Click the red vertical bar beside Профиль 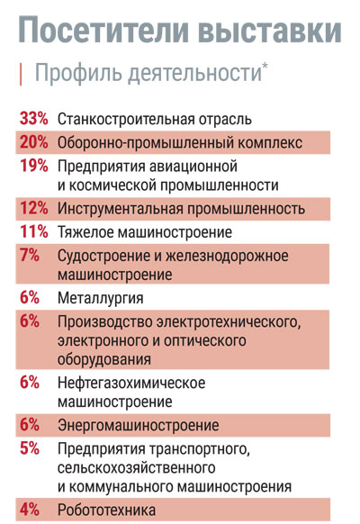pyautogui.click(x=21, y=74)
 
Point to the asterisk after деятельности pyautogui.click(x=265, y=65)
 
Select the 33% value pyautogui.click(x=33, y=119)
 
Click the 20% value pyautogui.click(x=33, y=142)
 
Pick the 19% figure pyautogui.click(x=33, y=166)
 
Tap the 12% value pyautogui.click(x=33, y=208)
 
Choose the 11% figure pyautogui.click(x=33, y=231)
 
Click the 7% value pyautogui.click(x=30, y=255)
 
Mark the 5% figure pyautogui.click(x=30, y=448)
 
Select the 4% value pyautogui.click(x=30, y=510)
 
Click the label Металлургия pyautogui.click(x=101, y=298)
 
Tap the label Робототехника pyautogui.click(x=106, y=510)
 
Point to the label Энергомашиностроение pyautogui.click(x=139, y=426)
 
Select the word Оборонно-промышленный pyautogui.click(x=146, y=143)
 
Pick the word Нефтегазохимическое pyautogui.click(x=131, y=383)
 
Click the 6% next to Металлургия pyautogui.click(x=30, y=297)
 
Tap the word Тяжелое pyautogui.click(x=85, y=232)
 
